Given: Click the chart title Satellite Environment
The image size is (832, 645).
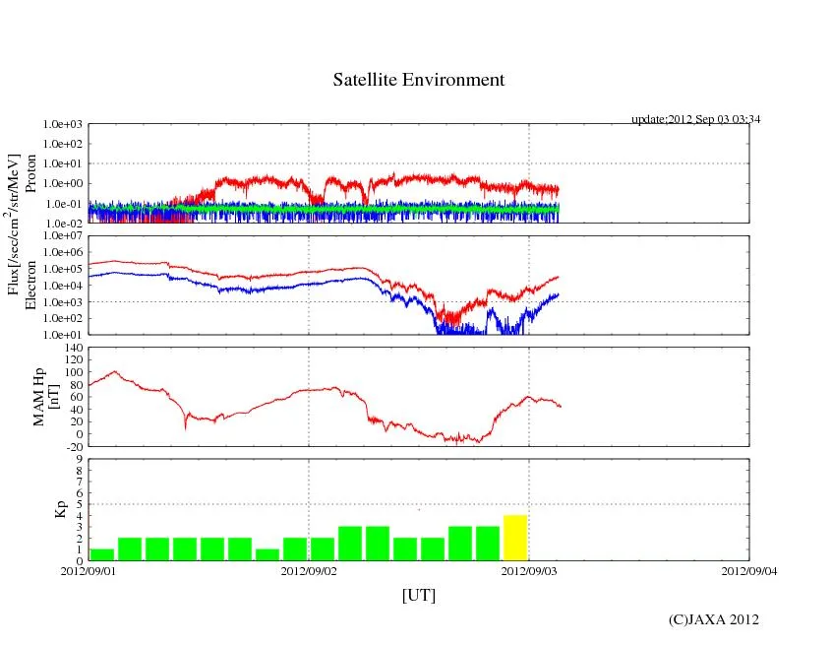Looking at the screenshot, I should pos(418,80).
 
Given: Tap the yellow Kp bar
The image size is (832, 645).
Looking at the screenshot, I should pos(515,538).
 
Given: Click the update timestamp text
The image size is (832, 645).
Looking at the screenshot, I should pos(696,119).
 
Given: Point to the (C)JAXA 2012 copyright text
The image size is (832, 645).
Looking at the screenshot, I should pos(713,619).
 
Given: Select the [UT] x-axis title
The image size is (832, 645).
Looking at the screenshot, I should pos(418,596).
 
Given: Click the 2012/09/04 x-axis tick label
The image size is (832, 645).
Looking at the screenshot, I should pos(748,570).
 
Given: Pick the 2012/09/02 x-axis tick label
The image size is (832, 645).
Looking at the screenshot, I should pos(309,570).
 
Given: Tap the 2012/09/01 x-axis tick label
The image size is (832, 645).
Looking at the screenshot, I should pos(89,570).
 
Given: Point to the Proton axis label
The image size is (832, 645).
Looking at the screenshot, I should pos(30,173).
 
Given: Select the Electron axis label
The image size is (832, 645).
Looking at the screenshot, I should pos(30,285).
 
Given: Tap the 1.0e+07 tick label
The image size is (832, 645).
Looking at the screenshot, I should pos(63,236).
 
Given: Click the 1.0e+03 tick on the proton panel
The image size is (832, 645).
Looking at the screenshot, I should pos(63,125).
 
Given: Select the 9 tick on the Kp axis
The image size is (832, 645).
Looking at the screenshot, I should pos(81,459).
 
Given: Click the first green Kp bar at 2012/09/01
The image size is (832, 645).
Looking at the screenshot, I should pos(101,554).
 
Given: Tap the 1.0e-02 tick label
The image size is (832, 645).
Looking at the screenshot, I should pos(63,224).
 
